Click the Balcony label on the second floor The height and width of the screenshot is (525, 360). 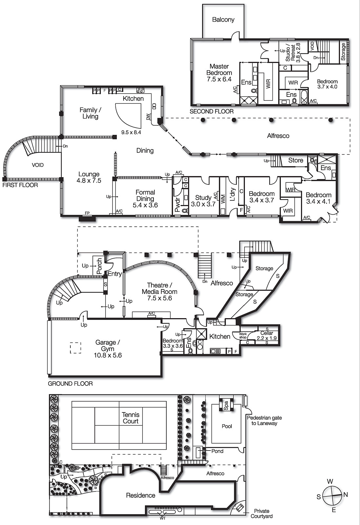pyautogui.click(x=223, y=20)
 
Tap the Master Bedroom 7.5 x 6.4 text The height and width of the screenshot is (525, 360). pyautogui.click(x=219, y=73)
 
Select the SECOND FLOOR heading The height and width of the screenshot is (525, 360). pyautogui.click(x=211, y=112)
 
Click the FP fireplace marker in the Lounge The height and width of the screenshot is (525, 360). pyautogui.click(x=87, y=213)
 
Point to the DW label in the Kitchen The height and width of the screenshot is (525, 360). pyautogui.click(x=148, y=116)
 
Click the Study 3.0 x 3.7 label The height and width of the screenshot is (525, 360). pyautogui.click(x=203, y=200)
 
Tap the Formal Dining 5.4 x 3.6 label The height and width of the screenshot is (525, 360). pyautogui.click(x=145, y=199)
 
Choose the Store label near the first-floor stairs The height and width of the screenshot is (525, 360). pyautogui.click(x=295, y=160)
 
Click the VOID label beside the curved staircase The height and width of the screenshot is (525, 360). pyautogui.click(x=38, y=165)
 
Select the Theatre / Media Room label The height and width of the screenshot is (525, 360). pyautogui.click(x=160, y=291)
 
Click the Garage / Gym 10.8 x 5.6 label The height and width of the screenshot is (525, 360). pyautogui.click(x=108, y=348)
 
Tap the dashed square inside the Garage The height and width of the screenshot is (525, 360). pyautogui.click(x=75, y=348)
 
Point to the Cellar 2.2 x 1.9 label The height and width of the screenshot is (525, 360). pyautogui.click(x=267, y=335)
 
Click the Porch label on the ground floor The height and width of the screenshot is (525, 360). pyautogui.click(x=99, y=266)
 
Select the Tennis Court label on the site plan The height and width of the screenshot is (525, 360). pyautogui.click(x=130, y=418)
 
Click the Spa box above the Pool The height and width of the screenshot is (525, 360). pyautogui.click(x=226, y=406)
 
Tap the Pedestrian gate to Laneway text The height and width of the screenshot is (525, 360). pyautogui.click(x=264, y=420)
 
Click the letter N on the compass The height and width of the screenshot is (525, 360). pyautogui.click(x=346, y=494)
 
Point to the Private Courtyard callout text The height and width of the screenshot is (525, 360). pyautogui.click(x=262, y=514)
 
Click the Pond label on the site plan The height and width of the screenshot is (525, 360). pyautogui.click(x=217, y=451)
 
